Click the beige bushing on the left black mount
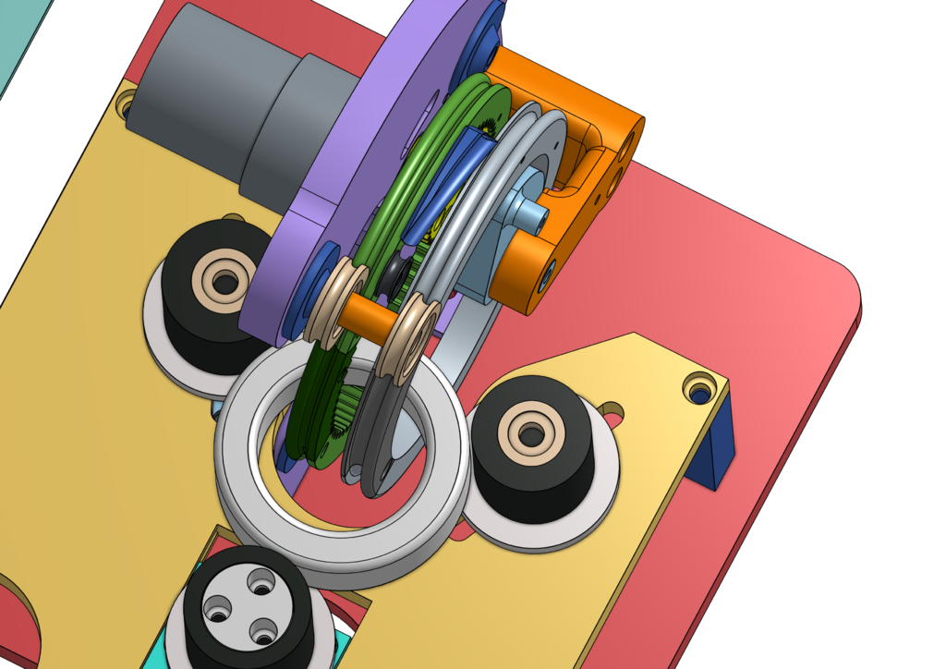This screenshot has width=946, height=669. click(x=223, y=276)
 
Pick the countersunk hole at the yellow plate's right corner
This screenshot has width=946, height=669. click(x=699, y=387)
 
